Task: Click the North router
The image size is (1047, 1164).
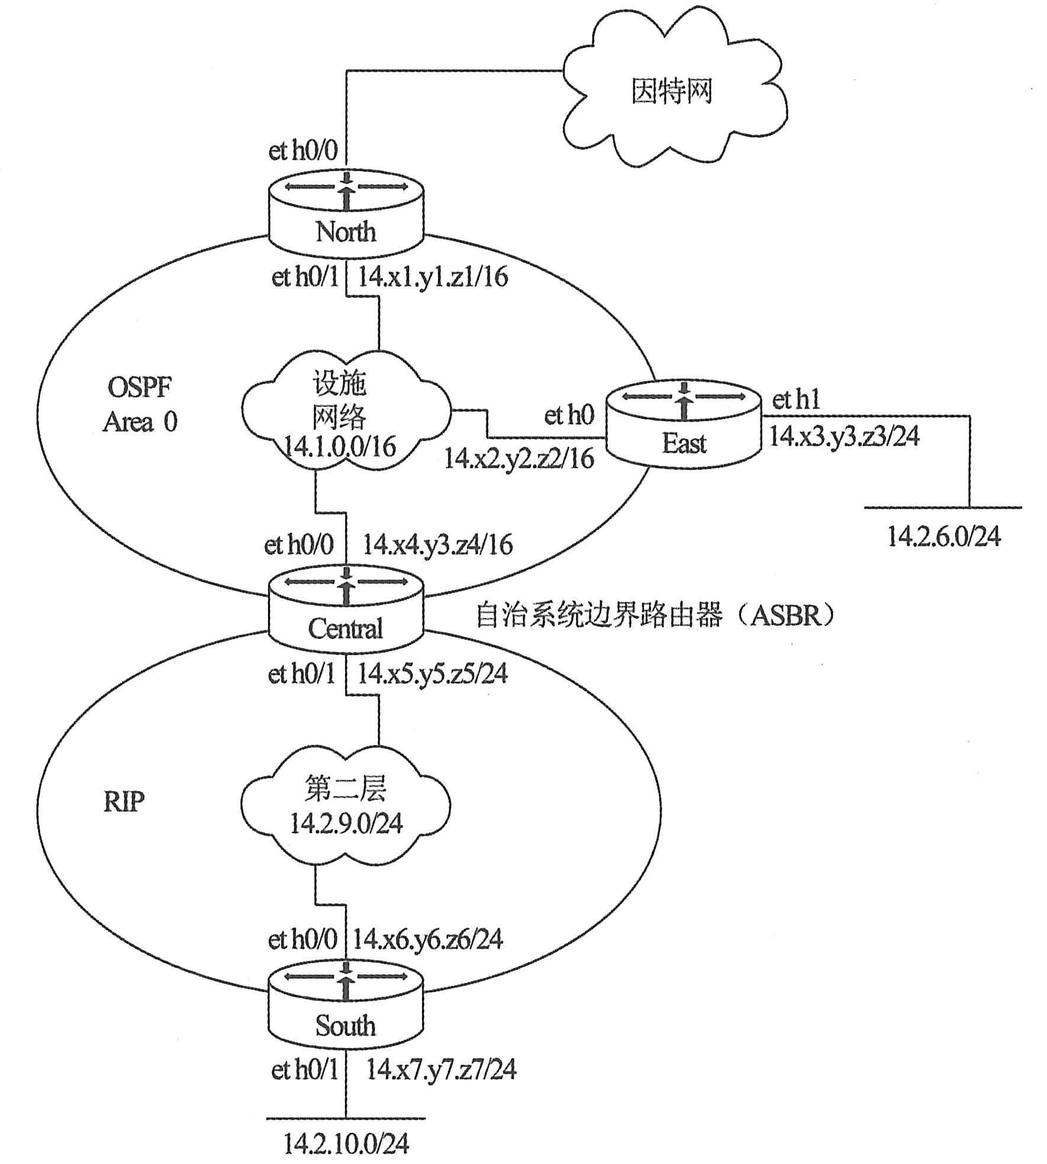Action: [x=346, y=213]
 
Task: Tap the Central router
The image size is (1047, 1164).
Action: [x=346, y=610]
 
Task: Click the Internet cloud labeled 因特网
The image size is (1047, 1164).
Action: [x=672, y=92]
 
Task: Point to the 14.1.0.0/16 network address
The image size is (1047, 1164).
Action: [x=340, y=447]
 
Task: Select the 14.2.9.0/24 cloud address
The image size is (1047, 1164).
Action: [x=346, y=824]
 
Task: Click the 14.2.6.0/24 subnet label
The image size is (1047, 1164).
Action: [x=944, y=536]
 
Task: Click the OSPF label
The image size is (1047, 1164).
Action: [x=140, y=388]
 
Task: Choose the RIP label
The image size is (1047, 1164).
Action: [x=124, y=802]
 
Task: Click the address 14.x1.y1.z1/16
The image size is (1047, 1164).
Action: [x=433, y=277]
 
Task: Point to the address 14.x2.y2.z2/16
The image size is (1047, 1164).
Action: [x=518, y=459]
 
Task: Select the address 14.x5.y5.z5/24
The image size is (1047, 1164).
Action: [x=433, y=674]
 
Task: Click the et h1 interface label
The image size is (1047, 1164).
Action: [x=796, y=400]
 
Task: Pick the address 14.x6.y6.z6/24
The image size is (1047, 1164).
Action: [x=428, y=939]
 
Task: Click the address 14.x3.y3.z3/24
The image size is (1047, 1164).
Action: [x=844, y=436]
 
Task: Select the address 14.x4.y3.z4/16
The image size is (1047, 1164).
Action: [x=437, y=545]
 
